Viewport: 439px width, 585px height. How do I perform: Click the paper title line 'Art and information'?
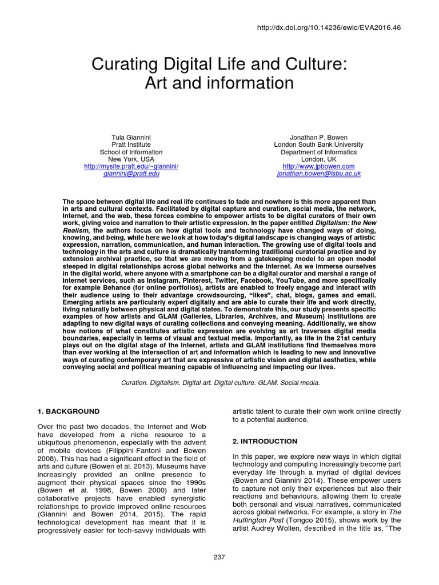click(219, 83)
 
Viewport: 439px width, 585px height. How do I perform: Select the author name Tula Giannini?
click(131, 137)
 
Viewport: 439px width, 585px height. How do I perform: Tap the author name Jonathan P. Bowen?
click(318, 137)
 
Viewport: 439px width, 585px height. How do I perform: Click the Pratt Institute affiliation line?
click(131, 145)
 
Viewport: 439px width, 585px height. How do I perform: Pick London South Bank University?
click(318, 145)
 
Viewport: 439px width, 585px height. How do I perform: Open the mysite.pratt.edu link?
click(131, 166)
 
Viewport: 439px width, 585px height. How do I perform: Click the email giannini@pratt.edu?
click(131, 174)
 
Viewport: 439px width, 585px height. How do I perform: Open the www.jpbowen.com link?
click(318, 166)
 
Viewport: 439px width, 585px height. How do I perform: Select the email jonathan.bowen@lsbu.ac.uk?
click(318, 174)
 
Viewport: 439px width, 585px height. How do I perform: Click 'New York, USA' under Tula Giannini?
click(131, 159)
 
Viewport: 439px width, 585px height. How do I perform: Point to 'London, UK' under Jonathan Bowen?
click(318, 159)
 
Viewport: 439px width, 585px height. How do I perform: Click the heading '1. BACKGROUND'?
click(68, 411)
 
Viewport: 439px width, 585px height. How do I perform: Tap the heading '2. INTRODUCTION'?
click(265, 441)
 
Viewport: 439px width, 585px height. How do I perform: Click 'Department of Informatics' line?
click(318, 152)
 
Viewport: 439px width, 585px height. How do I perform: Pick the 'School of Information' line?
click(131, 152)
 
